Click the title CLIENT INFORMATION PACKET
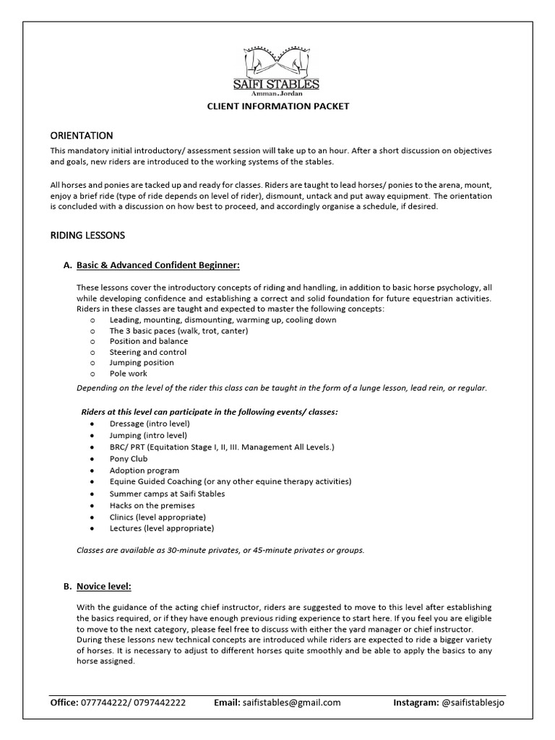[278, 106]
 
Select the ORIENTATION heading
[81, 135]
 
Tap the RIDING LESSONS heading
[87, 235]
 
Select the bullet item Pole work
[128, 374]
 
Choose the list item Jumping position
[142, 363]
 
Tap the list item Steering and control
[147, 352]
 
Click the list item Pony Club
[129, 459]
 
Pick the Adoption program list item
[145, 470]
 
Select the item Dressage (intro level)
[150, 423]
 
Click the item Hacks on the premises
[152, 506]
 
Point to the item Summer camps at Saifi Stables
[167, 494]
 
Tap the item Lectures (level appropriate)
[158, 529]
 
